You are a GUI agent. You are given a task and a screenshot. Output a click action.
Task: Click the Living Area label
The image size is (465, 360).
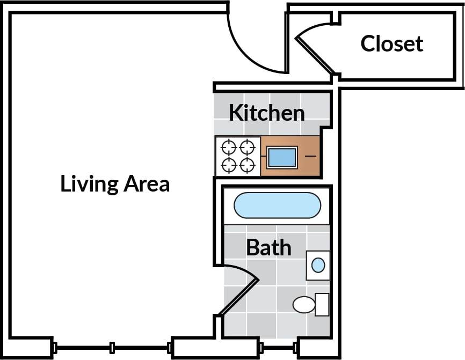click(115, 184)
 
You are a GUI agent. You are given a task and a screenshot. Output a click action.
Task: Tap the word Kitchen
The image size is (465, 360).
click(266, 113)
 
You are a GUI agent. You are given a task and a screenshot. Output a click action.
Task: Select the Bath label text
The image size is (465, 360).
click(268, 248)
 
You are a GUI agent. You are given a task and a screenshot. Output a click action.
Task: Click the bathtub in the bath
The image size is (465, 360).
click(277, 205)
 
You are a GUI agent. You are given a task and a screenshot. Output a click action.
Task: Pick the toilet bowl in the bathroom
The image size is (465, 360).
click(304, 305)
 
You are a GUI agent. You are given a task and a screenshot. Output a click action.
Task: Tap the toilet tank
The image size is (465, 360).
click(322, 304)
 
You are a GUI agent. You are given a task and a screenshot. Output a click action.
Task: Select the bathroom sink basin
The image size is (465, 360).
click(318, 265)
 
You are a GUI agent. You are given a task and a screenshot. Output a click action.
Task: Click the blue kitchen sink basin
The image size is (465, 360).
click(281, 157)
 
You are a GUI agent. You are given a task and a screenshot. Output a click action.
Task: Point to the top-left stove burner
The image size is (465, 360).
click(229, 146)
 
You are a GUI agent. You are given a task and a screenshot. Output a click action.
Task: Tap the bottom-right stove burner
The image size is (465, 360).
click(247, 165)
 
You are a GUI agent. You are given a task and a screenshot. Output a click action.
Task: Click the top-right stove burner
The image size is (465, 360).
click(247, 146)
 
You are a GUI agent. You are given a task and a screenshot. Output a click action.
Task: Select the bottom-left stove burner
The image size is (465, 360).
click(229, 165)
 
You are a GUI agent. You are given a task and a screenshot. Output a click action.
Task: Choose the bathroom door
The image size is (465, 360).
click(239, 295)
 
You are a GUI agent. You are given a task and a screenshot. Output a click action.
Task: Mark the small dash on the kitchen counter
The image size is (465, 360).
click(311, 156)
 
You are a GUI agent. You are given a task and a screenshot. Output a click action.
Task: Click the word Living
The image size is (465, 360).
click(89, 184)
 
